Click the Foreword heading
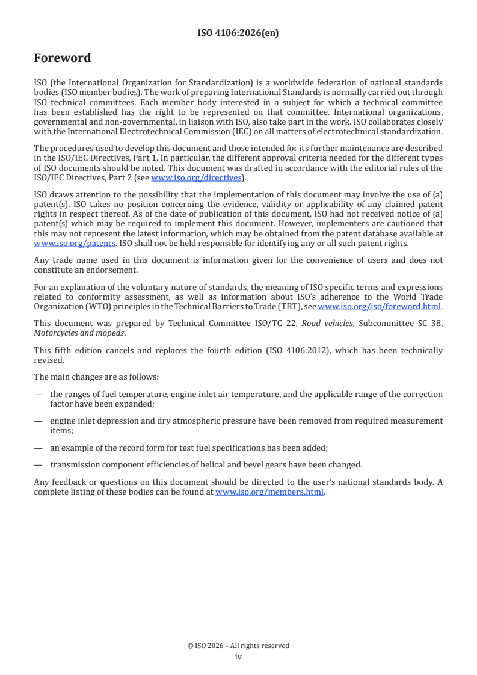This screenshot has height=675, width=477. (63, 58)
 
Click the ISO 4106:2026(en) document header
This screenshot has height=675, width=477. (238, 34)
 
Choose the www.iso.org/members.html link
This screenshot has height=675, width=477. (269, 492)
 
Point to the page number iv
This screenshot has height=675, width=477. (238, 657)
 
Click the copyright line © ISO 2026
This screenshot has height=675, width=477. (238, 646)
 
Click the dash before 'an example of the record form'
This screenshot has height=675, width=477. (38, 448)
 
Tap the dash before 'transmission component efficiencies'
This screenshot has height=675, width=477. (38, 464)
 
